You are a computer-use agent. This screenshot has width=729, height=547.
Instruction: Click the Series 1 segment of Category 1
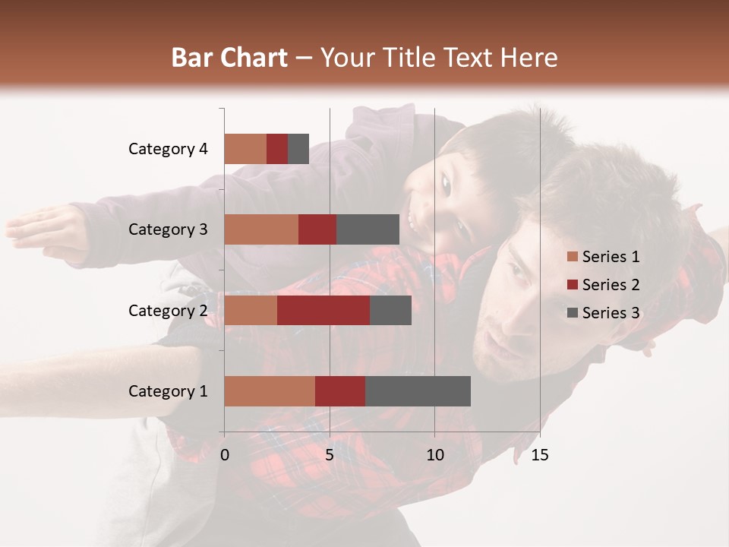270,391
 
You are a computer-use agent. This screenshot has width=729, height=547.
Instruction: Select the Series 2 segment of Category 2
323,310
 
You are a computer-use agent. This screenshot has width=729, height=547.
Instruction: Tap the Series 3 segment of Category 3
368,229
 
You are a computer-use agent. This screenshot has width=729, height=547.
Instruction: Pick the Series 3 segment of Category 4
298,149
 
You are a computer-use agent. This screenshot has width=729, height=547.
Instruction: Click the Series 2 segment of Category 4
277,149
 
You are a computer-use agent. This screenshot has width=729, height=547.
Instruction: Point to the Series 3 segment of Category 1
418,391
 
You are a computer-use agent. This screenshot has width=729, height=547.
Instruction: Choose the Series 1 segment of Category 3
261,229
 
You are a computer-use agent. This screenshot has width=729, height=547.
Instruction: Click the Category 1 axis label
168,391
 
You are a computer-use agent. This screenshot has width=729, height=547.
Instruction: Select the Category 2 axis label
168,310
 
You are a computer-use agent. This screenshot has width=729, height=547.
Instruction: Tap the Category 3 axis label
168,229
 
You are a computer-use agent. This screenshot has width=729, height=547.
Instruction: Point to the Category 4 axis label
168,149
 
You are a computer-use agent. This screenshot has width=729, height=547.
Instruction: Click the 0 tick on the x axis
225,455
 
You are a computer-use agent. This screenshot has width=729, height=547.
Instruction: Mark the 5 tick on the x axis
330,455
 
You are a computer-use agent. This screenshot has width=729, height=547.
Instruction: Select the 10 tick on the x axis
434,455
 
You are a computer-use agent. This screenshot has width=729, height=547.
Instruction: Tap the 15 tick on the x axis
540,455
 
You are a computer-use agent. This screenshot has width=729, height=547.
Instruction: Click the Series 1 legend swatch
572,257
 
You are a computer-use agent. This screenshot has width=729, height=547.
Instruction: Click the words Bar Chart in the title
229,58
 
